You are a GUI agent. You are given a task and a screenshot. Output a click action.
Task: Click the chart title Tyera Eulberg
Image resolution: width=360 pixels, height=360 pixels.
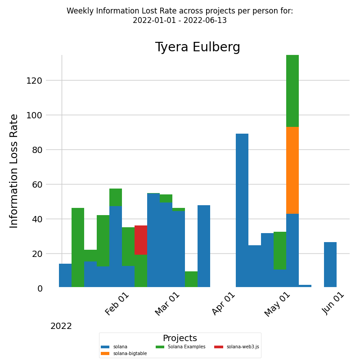click(x=198, y=48)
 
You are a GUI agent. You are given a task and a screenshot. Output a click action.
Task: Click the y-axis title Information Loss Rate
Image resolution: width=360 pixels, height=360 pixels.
click(x=14, y=171)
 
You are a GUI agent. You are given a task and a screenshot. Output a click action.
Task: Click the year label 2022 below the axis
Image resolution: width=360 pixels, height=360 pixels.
click(x=61, y=326)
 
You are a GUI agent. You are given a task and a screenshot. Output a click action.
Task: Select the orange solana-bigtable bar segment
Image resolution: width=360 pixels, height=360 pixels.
click(x=292, y=170)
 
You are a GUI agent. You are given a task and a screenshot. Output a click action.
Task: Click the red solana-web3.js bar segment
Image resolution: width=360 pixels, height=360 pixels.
click(x=141, y=240)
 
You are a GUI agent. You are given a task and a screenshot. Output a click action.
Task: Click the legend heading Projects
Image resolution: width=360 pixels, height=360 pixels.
click(x=180, y=338)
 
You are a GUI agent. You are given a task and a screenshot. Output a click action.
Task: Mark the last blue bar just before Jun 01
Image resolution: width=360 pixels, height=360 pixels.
click(x=330, y=265)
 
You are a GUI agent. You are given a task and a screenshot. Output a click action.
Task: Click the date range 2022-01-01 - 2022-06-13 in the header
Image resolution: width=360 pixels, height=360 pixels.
click(x=180, y=21)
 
